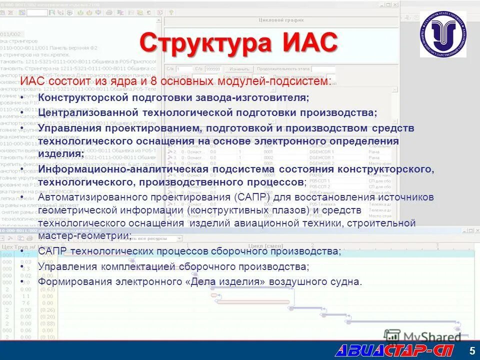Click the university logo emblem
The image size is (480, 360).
click(442, 34)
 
